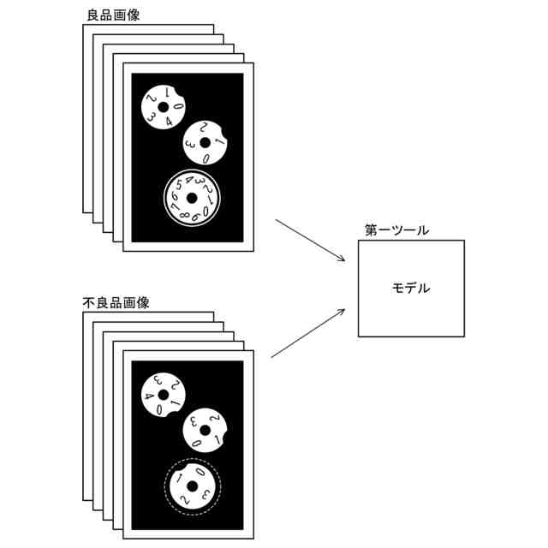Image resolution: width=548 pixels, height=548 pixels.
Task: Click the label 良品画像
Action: pyautogui.click(x=113, y=15)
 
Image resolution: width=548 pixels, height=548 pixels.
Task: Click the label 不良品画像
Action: pyautogui.click(x=118, y=302)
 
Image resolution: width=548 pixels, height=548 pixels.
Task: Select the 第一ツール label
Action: pyautogui.click(x=396, y=230)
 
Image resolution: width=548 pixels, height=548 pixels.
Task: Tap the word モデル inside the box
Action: pyautogui.click(x=411, y=288)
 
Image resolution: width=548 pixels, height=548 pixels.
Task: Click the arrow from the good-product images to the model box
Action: pyautogui.click(x=310, y=241)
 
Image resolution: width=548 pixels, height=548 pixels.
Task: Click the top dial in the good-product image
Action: pyautogui.click(x=164, y=107)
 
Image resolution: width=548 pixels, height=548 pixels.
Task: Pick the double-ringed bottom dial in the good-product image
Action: pyautogui.click(x=192, y=199)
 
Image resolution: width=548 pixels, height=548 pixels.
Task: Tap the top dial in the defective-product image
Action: pyautogui.click(x=163, y=395)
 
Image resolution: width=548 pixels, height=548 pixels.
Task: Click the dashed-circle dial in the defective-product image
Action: pyautogui.click(x=192, y=487)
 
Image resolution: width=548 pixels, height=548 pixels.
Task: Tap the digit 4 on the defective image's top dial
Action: pyautogui.click(x=149, y=396)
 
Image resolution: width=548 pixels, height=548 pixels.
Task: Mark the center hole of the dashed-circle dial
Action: pyautogui.click(x=192, y=487)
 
